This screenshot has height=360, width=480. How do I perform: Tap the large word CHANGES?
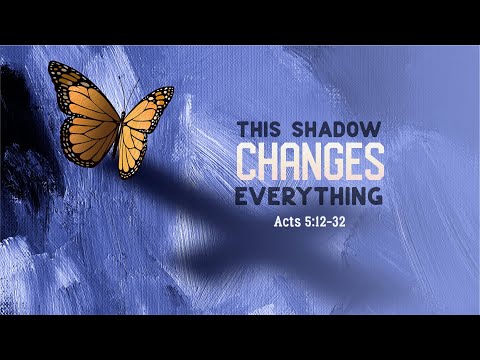[309, 160]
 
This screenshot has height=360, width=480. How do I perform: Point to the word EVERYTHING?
[309, 193]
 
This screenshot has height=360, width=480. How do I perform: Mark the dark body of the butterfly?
[119, 130]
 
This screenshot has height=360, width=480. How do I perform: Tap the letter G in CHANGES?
[323, 160]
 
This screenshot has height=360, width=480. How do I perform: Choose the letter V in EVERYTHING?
[259, 193]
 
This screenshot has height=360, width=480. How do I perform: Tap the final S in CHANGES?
[373, 160]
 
